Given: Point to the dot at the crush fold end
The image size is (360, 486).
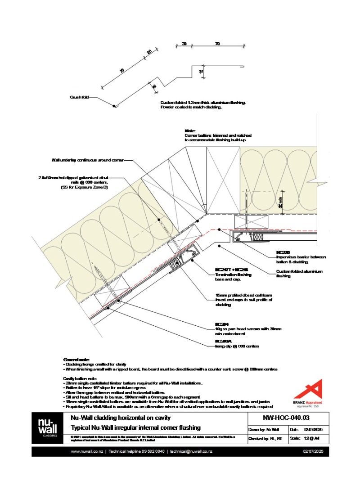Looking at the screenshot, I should click(x=114, y=106).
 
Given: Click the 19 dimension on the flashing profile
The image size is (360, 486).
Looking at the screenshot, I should click(x=201, y=71).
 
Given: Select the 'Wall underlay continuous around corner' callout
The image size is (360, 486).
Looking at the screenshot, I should click(x=87, y=160).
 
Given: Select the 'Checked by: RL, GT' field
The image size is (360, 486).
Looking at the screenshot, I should click(x=267, y=438).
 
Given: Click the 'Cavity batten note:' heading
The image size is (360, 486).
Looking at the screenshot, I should click(x=79, y=379).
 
